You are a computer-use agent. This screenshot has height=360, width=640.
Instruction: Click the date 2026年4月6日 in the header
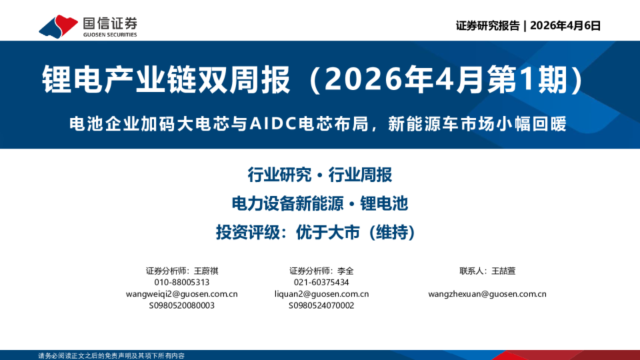coord(565,26)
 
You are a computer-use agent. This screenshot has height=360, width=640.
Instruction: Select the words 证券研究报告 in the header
coord(487,26)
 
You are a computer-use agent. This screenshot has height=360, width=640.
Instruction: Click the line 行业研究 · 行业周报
coord(319,175)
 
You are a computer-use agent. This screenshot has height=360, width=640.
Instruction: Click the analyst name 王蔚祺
coord(206,271)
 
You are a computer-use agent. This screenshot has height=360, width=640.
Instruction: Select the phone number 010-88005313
coord(182,283)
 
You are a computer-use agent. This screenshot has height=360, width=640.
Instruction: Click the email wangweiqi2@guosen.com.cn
coord(182,294)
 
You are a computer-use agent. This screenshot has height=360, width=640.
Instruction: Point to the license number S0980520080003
coord(182,305)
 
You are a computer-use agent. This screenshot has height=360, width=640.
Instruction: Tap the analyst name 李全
coord(345,271)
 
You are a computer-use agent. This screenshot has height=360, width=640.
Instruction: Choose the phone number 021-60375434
coord(321,283)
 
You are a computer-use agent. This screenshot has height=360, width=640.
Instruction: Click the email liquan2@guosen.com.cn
coord(321,294)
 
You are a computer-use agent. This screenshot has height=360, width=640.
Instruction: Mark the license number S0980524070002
coord(321,305)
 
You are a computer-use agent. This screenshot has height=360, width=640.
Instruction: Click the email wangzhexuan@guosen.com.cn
coord(487,294)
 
